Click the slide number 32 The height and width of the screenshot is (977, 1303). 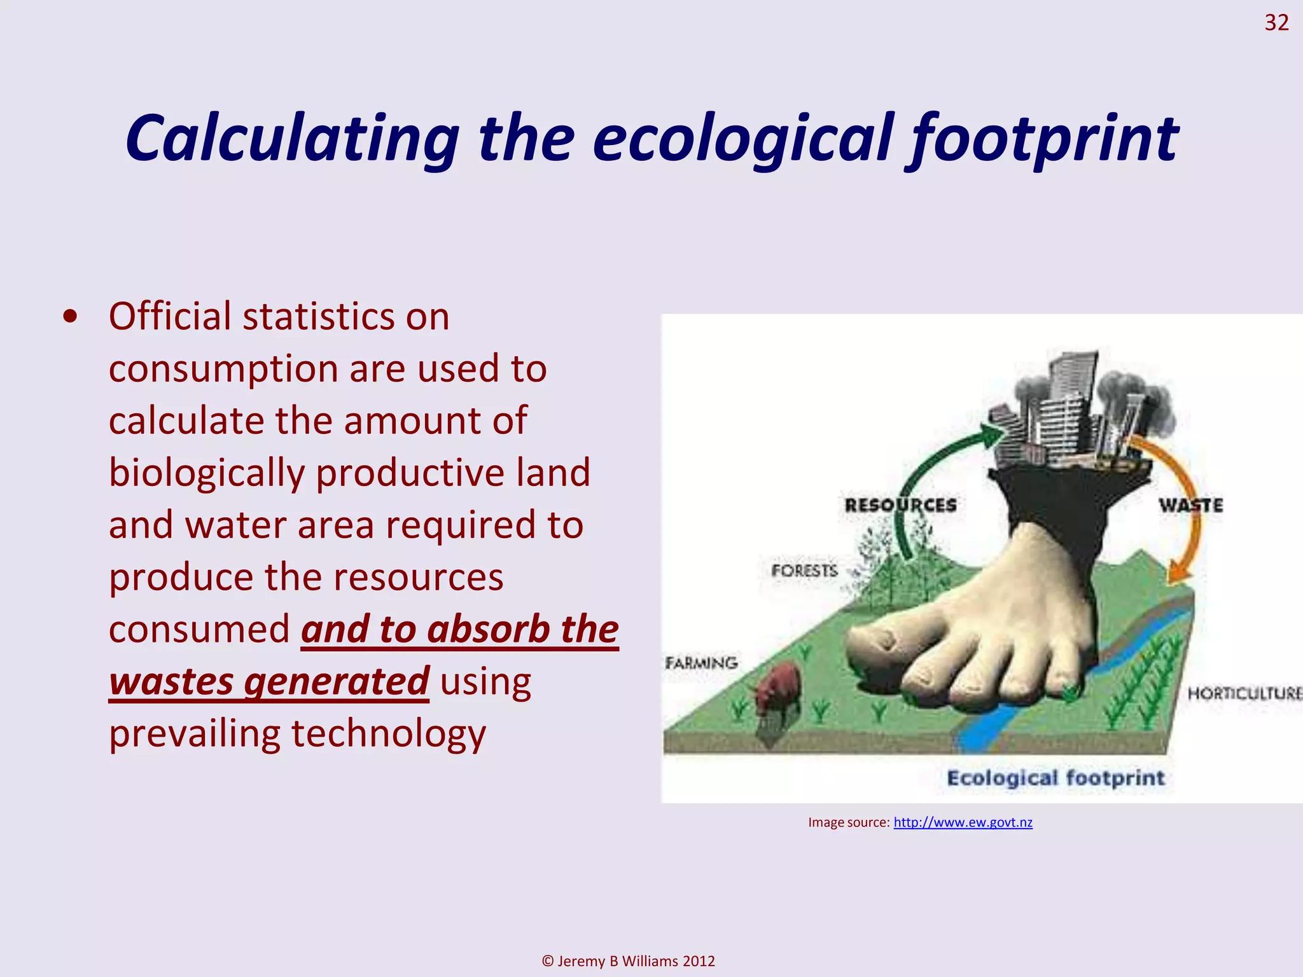coord(1276,23)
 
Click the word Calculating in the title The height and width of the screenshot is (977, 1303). coord(292,138)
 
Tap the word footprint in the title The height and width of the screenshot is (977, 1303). coord(1043,138)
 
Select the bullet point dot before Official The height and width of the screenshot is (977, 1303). coord(71,317)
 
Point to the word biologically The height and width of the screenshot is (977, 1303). coord(207,473)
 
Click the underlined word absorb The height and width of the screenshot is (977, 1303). coord(487,629)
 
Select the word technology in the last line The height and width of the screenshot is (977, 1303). coord(388,733)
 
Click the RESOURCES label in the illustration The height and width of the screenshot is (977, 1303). coord(900,505)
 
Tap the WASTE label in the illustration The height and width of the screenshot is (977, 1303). coord(1190,506)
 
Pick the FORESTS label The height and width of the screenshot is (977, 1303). coord(804,571)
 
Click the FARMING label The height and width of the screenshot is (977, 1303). coord(702,663)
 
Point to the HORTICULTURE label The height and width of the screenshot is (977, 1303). coord(1244,693)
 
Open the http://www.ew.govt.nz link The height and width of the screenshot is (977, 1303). coord(963,822)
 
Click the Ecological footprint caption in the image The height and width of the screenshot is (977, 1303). coord(1056,778)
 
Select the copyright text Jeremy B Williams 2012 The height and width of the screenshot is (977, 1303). coord(628,960)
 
